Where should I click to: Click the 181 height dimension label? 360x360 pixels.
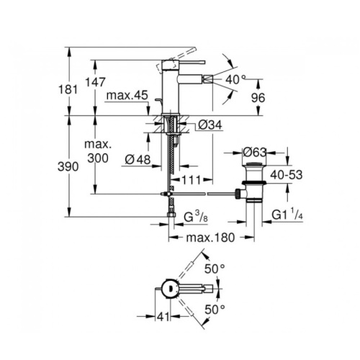coord(68,89)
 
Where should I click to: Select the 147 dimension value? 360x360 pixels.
coord(95,82)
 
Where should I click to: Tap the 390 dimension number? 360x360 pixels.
coord(68,166)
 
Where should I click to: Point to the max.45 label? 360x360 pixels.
coord(127,95)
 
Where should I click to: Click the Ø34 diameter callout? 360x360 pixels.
coord(210,125)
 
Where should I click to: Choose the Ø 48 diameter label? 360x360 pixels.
coord(138,159)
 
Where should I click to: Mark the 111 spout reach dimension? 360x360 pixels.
coord(192,180)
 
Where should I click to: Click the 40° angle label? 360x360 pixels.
coord(235,79)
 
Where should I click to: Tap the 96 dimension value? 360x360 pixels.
coord(258,98)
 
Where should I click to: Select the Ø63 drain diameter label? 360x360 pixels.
coord(255,152)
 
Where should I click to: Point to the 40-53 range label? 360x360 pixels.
coord(286,175)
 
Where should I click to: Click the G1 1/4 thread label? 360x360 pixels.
coord(287,214)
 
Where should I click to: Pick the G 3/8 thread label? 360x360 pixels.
coord(196,217)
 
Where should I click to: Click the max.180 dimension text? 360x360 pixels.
coord(210,238)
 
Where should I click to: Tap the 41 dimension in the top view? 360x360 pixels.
coord(163,317)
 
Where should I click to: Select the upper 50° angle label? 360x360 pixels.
coord(215,269)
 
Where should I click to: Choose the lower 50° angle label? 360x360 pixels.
coord(215,310)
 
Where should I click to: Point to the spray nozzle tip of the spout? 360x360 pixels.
coord(208,78)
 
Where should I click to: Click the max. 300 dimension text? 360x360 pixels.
coord(98,151)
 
